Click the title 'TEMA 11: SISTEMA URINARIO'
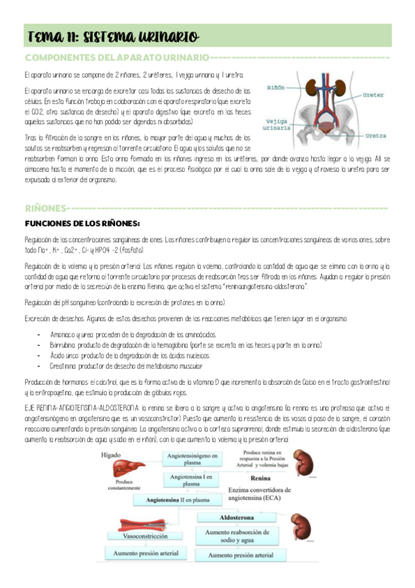[113, 36]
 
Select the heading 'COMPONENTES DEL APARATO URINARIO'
[116, 57]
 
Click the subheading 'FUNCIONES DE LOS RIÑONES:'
[82, 223]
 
